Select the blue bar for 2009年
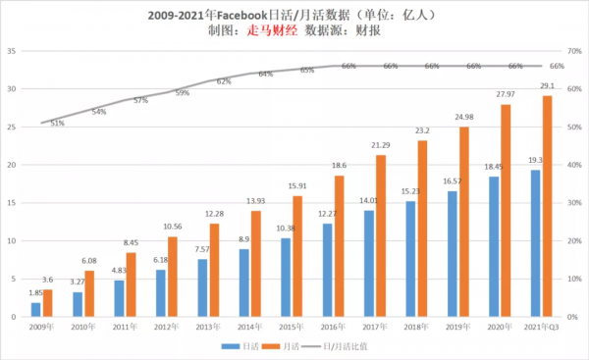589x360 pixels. [x=35, y=310]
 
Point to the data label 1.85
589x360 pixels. [x=34, y=293]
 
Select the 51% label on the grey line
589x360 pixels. [x=58, y=124]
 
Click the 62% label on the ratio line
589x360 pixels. [x=224, y=82]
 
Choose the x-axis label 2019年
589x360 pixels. [x=456, y=326]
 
